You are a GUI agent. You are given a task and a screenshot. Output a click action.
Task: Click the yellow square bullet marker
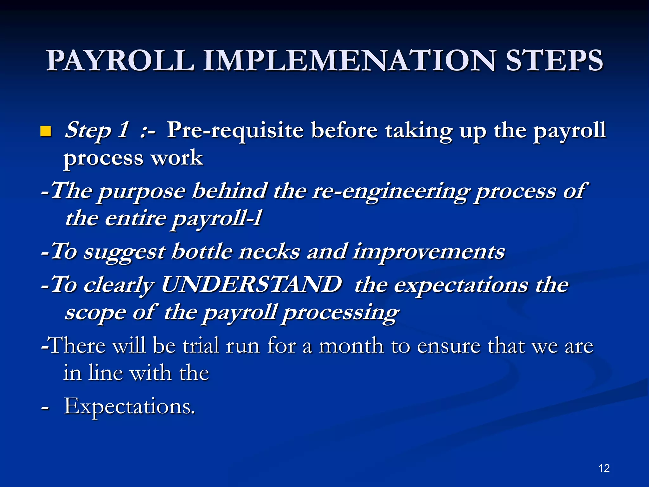[x=46, y=131]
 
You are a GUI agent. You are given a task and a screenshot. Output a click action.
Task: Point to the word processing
[x=340, y=313]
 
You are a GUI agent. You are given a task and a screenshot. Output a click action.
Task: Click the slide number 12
[x=604, y=468]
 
